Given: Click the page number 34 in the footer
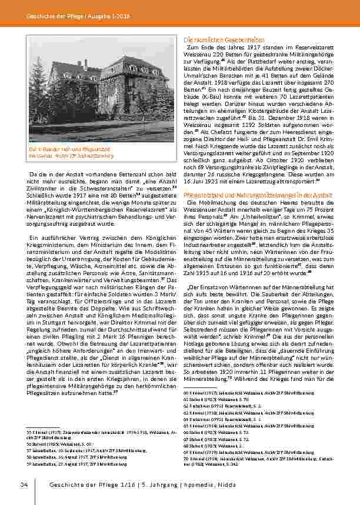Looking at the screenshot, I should coord(24,484).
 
